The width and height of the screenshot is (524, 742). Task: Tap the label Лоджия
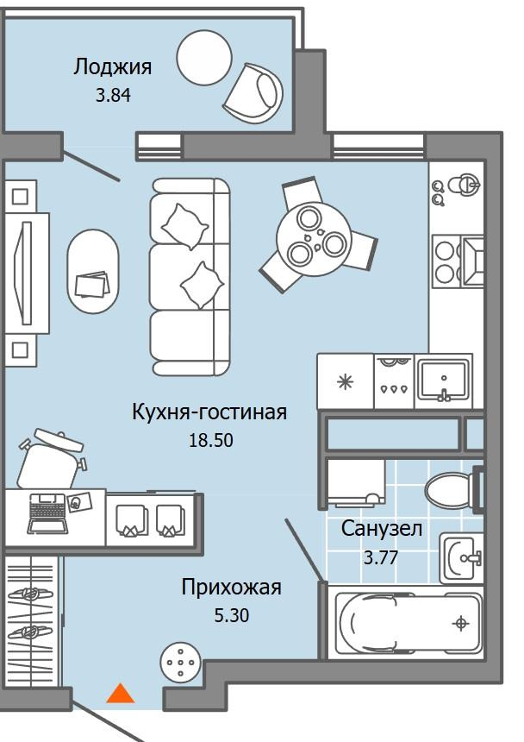pos(113,66)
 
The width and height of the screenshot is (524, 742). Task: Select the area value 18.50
pos(211,439)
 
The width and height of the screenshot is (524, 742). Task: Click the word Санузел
pos(381,528)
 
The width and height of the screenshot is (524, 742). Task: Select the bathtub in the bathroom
pos(407,623)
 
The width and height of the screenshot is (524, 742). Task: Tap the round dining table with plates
pos(314,240)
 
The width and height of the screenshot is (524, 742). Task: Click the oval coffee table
pos(92,271)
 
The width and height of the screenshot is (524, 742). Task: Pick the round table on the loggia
pos(205,60)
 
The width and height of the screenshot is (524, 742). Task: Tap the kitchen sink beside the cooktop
pos(443,380)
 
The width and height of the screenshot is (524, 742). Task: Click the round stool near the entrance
pos(181,662)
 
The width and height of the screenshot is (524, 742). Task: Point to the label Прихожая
pos(231,588)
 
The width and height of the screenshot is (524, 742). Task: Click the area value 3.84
pos(114,95)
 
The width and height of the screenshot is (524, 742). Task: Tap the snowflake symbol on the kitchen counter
pos(345,380)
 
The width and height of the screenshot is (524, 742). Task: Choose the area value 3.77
pos(380,556)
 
